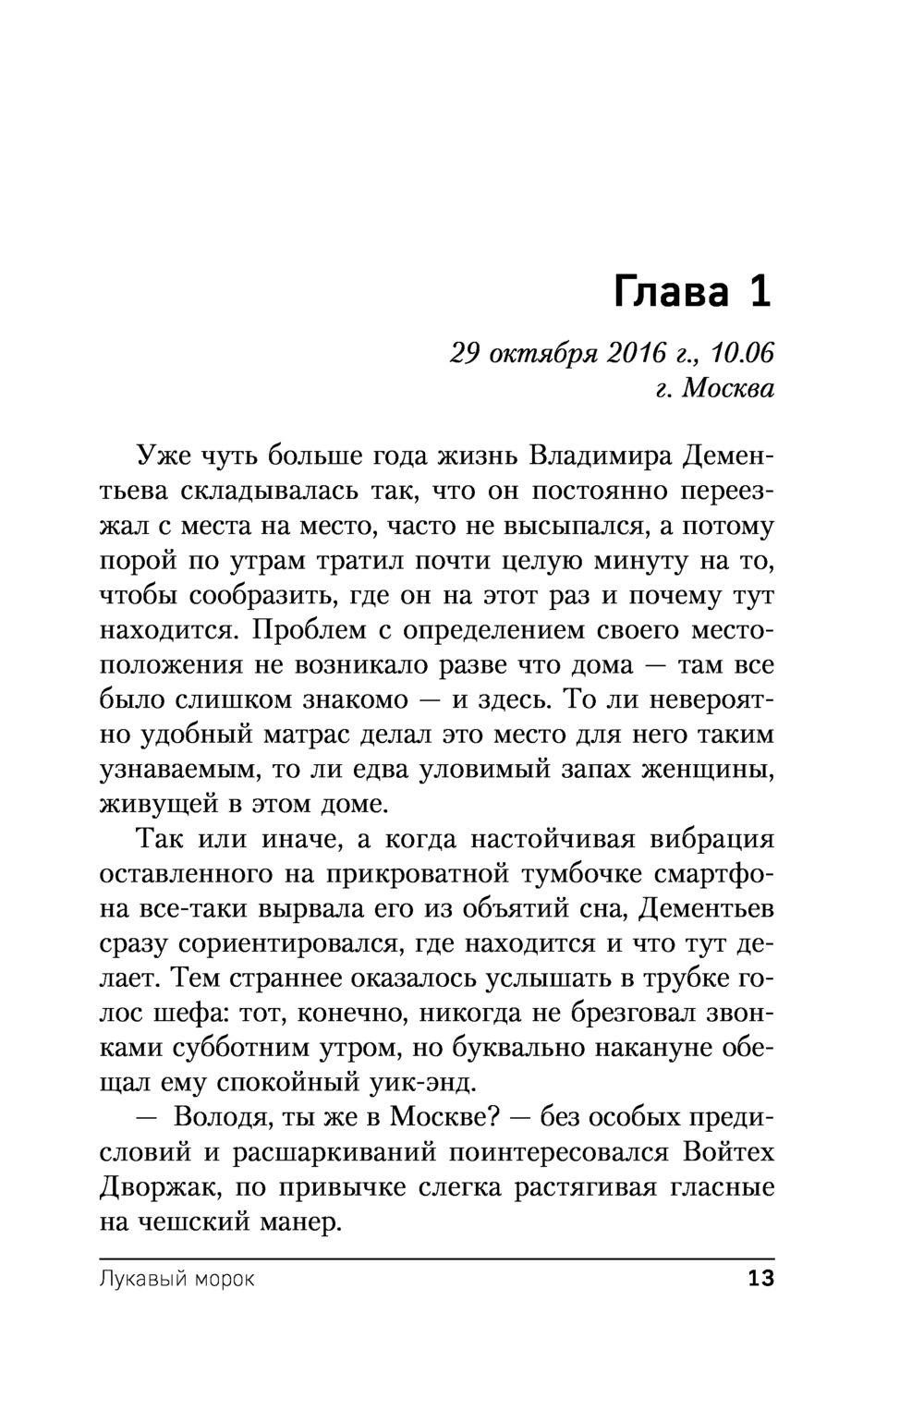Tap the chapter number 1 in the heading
coord(760,293)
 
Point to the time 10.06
coord(743,353)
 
